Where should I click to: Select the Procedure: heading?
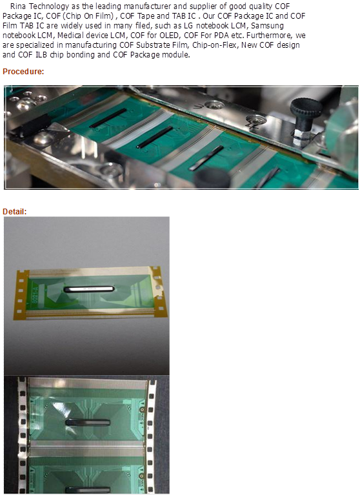23,71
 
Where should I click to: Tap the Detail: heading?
15,212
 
